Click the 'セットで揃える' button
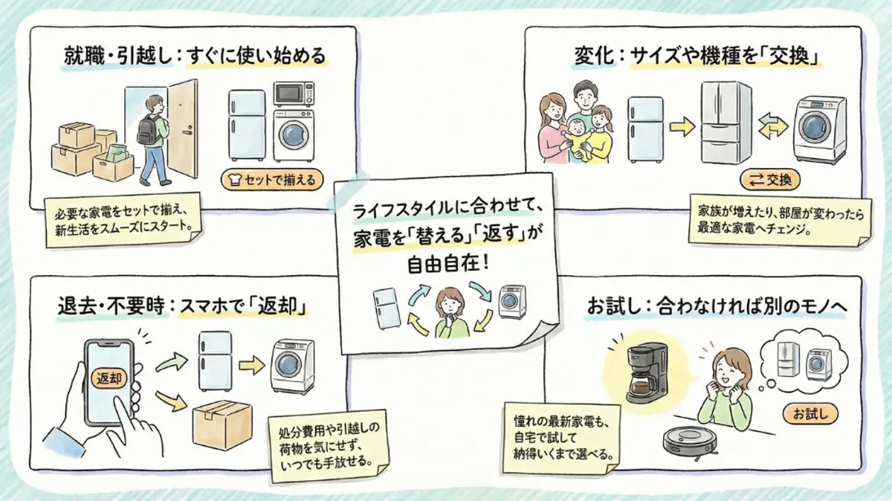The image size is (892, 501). click(269, 179)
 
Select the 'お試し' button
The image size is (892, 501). click(809, 413)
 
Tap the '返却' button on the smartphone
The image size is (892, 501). click(108, 378)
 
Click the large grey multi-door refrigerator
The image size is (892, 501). click(726, 123)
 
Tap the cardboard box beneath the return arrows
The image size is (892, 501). click(222, 424)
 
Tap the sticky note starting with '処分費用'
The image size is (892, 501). click(327, 445)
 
